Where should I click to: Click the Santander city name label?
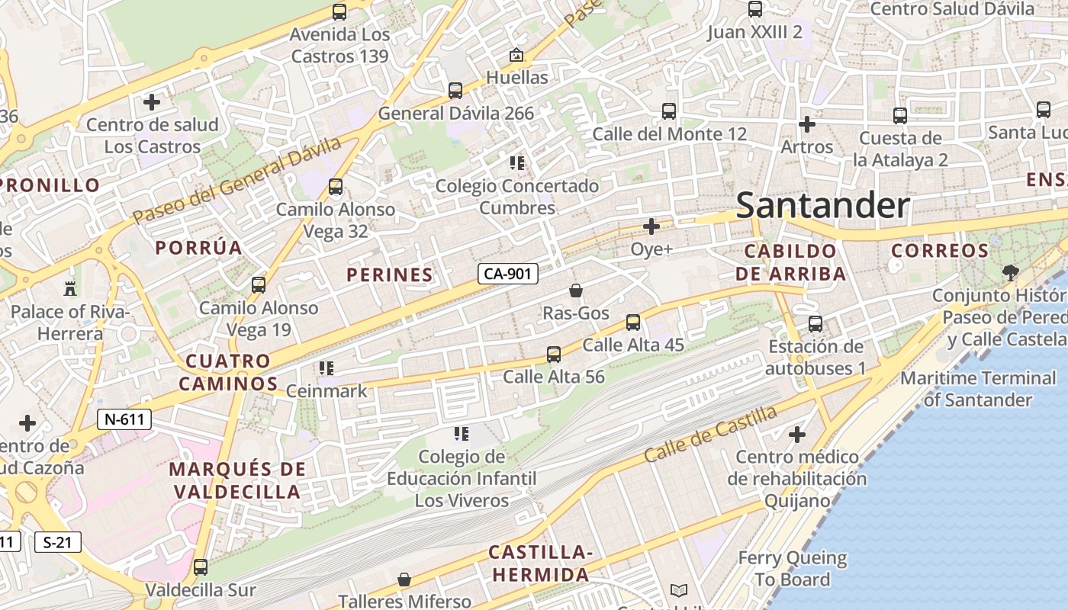[822, 206]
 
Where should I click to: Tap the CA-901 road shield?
[508, 274]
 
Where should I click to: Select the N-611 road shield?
[124, 419]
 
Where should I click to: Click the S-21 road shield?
[57, 542]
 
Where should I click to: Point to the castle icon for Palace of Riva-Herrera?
[70, 288]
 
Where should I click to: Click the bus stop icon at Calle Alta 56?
[554, 355]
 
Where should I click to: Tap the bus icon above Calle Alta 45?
[633, 323]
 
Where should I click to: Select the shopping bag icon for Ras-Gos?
[576, 291]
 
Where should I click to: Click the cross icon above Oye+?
[651, 226]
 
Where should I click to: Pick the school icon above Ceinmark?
[327, 369]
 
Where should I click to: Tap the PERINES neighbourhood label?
[390, 274]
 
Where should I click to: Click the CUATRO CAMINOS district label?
[228, 372]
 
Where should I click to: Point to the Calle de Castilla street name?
[710, 434]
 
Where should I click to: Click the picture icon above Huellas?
[516, 55]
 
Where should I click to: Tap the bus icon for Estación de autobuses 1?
[815, 324]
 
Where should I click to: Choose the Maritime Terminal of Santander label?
[978, 388]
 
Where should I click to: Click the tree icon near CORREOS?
[1010, 272]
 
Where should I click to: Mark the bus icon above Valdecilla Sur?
[201, 567]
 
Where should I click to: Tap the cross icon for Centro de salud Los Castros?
[152, 101]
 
